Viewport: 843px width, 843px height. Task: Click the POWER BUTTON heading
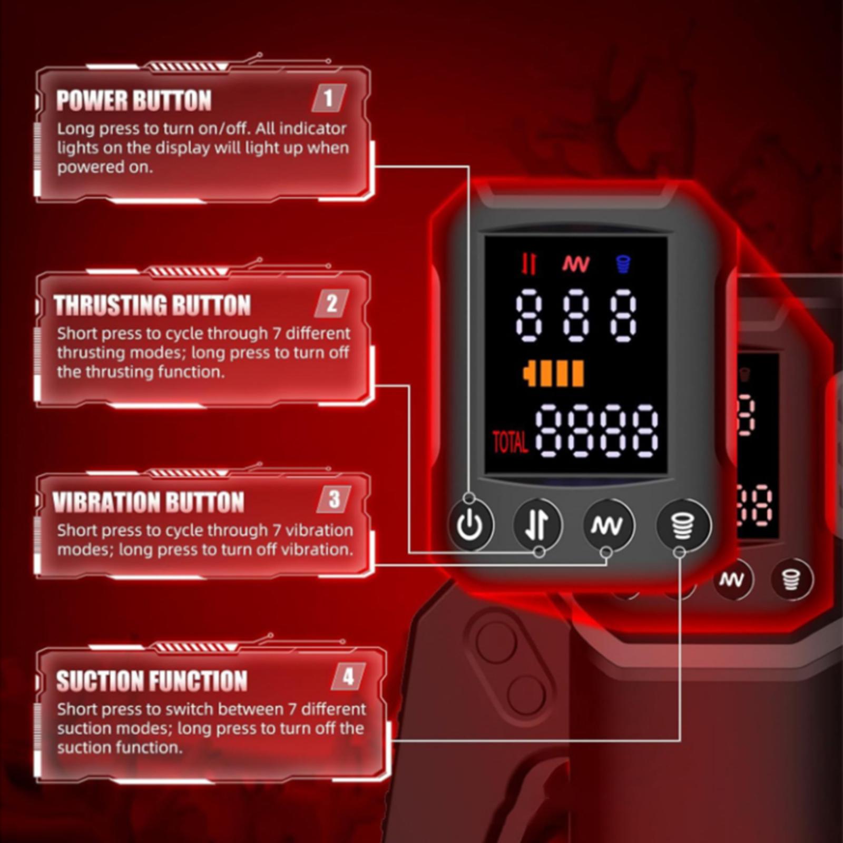pos(134,100)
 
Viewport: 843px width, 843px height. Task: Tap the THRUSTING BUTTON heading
pos(152,305)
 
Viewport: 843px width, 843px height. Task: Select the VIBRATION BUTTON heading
pos(149,502)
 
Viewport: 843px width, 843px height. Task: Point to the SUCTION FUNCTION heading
pos(152,680)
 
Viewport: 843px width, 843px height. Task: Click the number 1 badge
pos(328,98)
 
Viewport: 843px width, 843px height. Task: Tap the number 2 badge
pos(331,303)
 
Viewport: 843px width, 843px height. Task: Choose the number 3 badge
pos(334,499)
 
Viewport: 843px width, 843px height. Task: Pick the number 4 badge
pos(348,677)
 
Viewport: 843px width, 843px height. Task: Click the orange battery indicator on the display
pos(554,374)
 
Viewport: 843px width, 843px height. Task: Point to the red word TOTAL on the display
pos(509,442)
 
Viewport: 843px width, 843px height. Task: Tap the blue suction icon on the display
pos(623,264)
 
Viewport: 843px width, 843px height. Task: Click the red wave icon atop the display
pos(576,264)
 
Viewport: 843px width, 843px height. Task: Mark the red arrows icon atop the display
pos(529,264)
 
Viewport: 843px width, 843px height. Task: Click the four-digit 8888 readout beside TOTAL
pos(597,431)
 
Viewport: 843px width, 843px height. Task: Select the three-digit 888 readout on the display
pos(576,315)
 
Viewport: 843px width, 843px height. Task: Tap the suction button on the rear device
pos(791,579)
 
